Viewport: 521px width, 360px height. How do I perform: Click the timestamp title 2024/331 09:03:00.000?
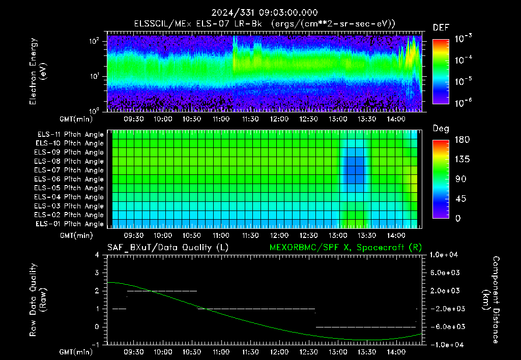[265, 13]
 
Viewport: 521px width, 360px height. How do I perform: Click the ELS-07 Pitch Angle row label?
[69, 170]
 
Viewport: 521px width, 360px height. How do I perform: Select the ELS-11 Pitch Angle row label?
[70, 135]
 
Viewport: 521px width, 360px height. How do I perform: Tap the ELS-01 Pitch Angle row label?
[69, 224]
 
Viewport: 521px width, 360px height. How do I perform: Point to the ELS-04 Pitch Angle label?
[69, 197]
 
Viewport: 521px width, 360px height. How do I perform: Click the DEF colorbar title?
[441, 27]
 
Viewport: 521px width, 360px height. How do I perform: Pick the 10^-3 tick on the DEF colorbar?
[463, 39]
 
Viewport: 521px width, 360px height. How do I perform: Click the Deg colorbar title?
[441, 129]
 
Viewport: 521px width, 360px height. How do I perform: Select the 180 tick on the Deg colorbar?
[462, 139]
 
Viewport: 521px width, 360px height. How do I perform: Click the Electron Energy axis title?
[37, 71]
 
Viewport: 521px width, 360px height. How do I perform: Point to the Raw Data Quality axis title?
[37, 300]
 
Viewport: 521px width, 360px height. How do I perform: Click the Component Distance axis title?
[491, 300]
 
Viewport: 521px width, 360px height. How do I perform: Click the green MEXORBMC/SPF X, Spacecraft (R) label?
[345, 248]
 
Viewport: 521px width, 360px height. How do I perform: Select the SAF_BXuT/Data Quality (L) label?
[168, 248]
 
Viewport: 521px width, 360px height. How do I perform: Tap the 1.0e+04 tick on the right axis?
[444, 255]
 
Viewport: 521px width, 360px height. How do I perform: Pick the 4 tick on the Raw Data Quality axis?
[97, 255]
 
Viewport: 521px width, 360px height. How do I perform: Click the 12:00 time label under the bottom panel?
[279, 352]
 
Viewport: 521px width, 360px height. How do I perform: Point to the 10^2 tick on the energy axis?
[95, 41]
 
